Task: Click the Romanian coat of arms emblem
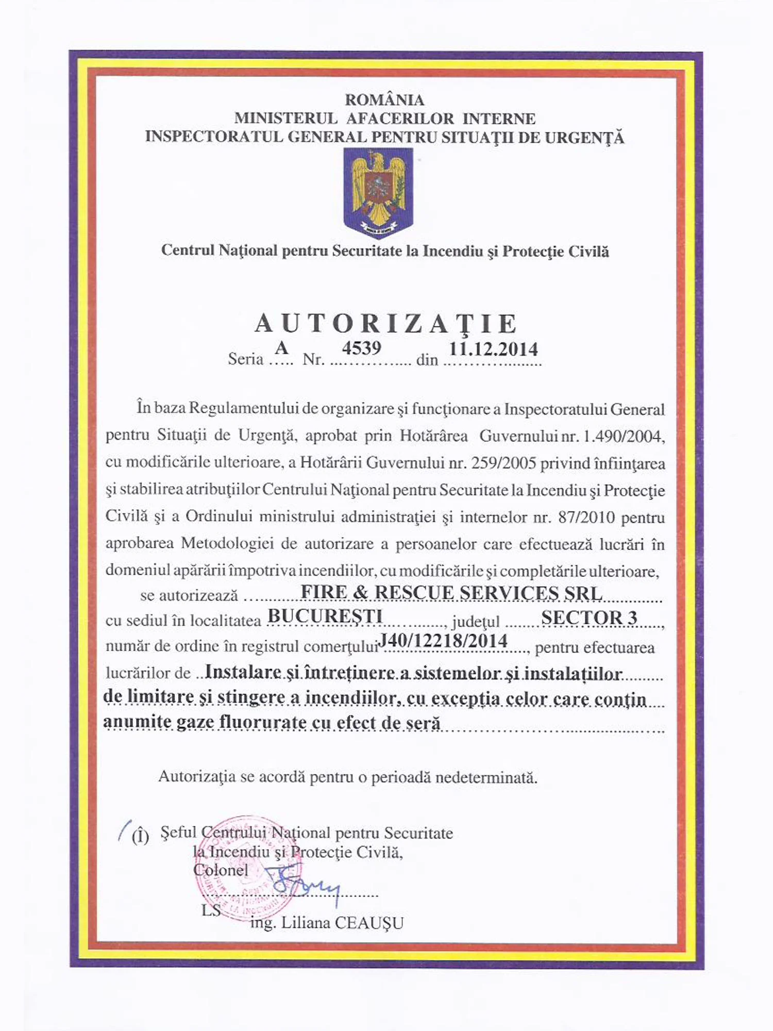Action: click(x=379, y=192)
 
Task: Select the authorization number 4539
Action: click(x=361, y=348)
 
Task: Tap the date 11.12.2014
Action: click(x=493, y=349)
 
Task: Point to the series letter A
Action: click(x=281, y=348)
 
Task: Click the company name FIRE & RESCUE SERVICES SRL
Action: click(x=451, y=592)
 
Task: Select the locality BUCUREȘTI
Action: click(x=325, y=616)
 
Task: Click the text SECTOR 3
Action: click(x=589, y=617)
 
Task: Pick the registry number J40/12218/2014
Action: click(x=443, y=641)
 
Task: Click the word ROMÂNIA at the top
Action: click(x=384, y=99)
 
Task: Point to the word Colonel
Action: click(x=221, y=870)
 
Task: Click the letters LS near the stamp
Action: click(x=211, y=910)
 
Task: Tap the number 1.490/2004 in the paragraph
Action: click(x=623, y=437)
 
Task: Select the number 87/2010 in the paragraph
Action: click(x=586, y=517)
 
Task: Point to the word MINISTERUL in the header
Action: click(x=286, y=119)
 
